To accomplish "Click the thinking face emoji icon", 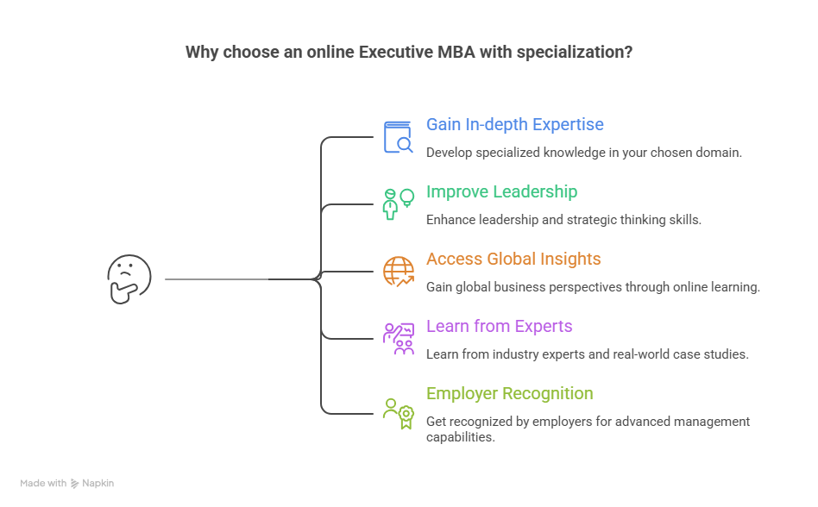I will (x=129, y=279).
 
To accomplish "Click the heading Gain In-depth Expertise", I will (x=514, y=125).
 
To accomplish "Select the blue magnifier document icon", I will (x=399, y=137).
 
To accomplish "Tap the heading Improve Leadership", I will (x=501, y=191).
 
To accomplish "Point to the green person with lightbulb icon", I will (x=398, y=204).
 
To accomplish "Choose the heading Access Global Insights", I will (x=513, y=259).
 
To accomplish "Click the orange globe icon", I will (x=398, y=272).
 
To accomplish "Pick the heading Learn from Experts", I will (x=499, y=326).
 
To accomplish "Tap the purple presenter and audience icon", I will (x=398, y=339).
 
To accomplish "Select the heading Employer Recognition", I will (x=509, y=393).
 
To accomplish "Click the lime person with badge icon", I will (x=398, y=413).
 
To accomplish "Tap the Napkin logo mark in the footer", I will (x=74, y=484).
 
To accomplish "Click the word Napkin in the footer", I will (x=98, y=484).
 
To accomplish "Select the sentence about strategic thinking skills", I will (x=563, y=220).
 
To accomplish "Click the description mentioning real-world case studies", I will (x=587, y=354).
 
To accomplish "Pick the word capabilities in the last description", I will (x=460, y=437).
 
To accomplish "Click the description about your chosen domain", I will (x=583, y=153).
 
